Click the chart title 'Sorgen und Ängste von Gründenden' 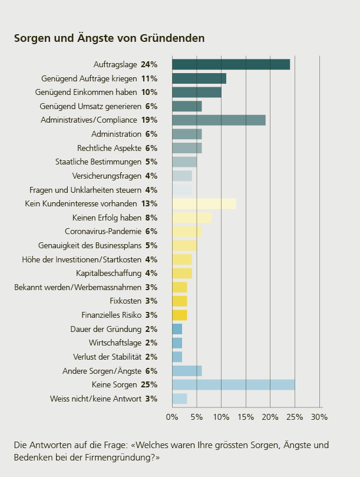pos(109,38)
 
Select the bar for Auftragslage pos(230,64)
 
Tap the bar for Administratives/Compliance pos(219,120)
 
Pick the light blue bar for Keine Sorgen pos(233,384)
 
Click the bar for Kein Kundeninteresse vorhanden pos(204,203)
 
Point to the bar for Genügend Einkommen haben pos(196,92)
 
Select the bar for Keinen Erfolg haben pos(191,218)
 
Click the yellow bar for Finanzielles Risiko pos(179,315)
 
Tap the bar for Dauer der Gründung pos(177,329)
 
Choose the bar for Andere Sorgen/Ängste pos(187,371)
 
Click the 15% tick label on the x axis pos(246,417)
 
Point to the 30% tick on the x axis pos(319,417)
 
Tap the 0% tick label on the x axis pos(172,417)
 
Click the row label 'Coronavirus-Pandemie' pos(103,231)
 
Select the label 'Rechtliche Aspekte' pos(109,148)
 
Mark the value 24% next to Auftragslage pos(150,64)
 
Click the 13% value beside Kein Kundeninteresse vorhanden pos(150,203)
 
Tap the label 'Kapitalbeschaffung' pos(108,273)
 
